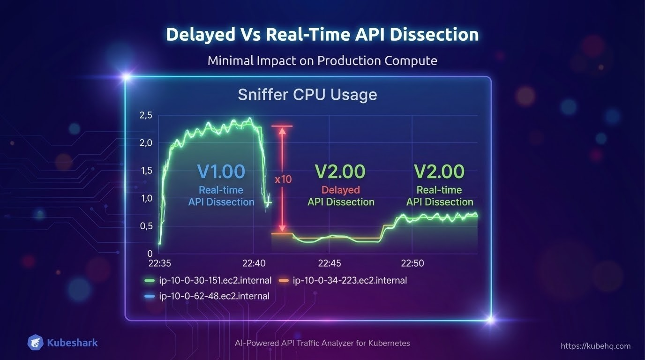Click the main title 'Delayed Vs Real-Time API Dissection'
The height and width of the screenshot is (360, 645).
(322, 35)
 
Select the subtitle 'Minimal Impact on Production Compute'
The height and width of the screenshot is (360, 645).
(322, 61)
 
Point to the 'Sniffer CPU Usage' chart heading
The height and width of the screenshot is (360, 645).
(307, 95)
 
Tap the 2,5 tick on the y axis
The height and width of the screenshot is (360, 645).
(146, 116)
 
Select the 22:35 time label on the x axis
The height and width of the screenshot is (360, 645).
(159, 263)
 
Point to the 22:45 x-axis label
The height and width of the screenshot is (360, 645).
(329, 263)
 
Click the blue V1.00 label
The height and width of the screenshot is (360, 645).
(221, 172)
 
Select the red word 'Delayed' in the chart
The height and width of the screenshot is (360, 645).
(341, 190)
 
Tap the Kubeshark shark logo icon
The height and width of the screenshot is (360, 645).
(36, 343)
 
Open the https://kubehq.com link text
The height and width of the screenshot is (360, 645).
(595, 346)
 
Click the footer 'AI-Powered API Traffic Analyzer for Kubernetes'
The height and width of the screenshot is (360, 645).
(322, 343)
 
